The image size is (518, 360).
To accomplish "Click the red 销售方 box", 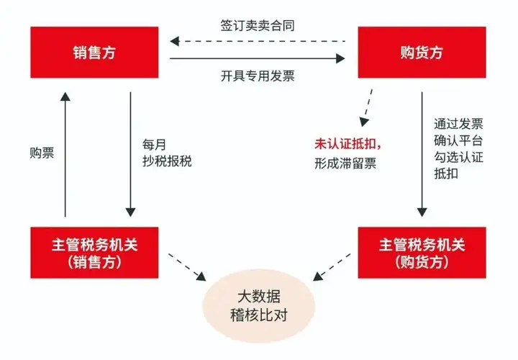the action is (94, 53).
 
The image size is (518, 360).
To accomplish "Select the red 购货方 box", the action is (422, 53).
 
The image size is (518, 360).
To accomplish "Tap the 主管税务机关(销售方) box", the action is (94, 253).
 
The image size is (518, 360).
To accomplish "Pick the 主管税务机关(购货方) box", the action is (422, 253).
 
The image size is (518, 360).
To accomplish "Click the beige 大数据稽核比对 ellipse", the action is (259, 306).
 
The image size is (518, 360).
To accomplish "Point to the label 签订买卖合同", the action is (258, 25).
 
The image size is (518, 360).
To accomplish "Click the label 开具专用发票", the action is (258, 76).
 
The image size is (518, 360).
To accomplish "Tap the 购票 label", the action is (42, 153).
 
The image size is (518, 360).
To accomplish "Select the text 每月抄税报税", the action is (167, 153).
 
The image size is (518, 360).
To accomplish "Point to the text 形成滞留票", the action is (345, 163).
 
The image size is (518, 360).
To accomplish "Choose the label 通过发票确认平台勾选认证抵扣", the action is (458, 149).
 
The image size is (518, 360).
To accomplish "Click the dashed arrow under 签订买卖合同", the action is (258, 41).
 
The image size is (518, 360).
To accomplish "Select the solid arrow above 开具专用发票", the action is (258, 58).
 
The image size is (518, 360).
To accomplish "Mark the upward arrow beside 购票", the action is (65, 154).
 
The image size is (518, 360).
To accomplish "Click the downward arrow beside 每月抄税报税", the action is (130, 154).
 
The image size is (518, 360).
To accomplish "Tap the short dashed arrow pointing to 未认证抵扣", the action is (367, 107).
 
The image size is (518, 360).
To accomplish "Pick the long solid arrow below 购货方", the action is (422, 154).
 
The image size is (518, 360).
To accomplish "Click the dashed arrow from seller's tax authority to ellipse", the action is (187, 267).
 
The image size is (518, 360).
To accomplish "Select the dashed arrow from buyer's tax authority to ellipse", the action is (332, 267).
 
